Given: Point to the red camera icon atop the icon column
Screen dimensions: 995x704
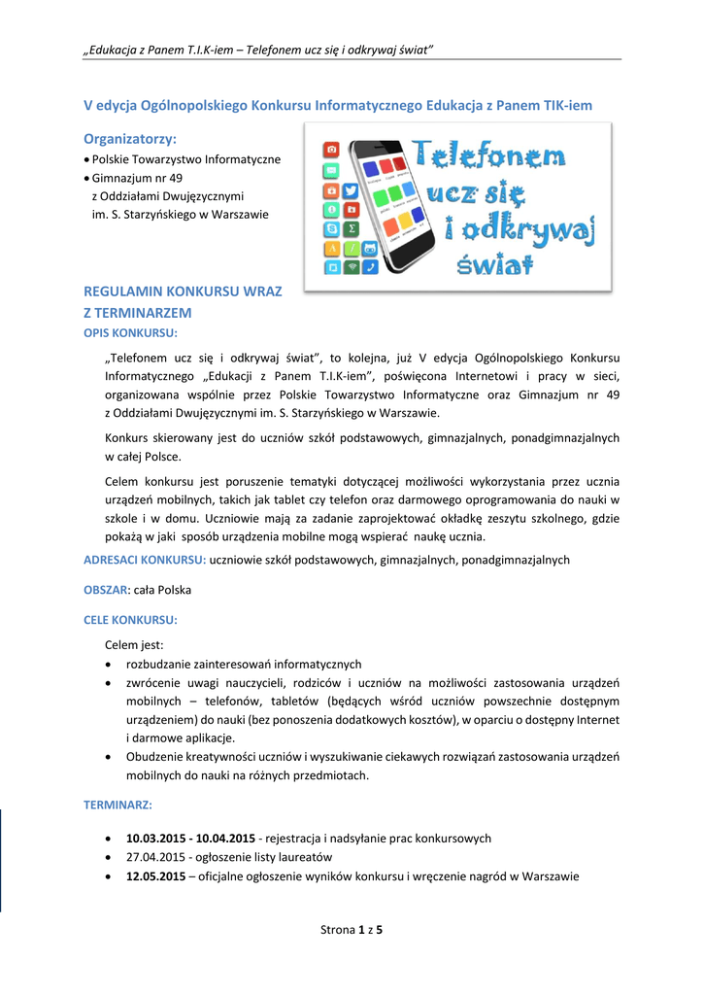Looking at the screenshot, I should pyautogui.click(x=332, y=149).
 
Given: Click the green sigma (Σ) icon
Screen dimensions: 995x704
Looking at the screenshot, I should pyautogui.click(x=352, y=228).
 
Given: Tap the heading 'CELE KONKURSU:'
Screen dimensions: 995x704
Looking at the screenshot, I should pyautogui.click(x=130, y=619).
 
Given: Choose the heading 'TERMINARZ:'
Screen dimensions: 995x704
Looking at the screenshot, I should pyautogui.click(x=118, y=806).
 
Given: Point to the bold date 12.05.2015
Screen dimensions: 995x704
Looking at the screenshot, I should pyautogui.click(x=155, y=875).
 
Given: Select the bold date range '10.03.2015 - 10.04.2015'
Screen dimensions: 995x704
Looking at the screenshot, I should pyautogui.click(x=190, y=838).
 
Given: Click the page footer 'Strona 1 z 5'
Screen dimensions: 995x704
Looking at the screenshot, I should pyautogui.click(x=352, y=930).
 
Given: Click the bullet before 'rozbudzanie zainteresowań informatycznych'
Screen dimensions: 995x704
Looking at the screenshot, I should pyautogui.click(x=107, y=665).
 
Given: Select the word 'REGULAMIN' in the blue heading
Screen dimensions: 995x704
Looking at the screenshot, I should pyautogui.click(x=123, y=292).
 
